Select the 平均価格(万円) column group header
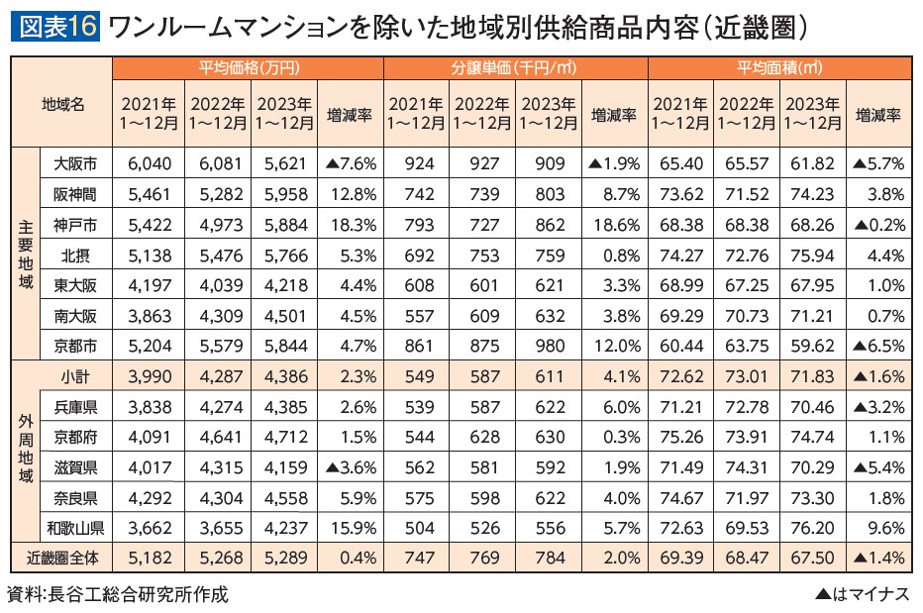click(248, 68)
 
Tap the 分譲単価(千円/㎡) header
click(514, 68)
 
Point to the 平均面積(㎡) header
click(779, 68)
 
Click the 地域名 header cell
click(62, 103)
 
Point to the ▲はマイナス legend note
click(860, 594)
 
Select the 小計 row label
click(75, 377)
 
